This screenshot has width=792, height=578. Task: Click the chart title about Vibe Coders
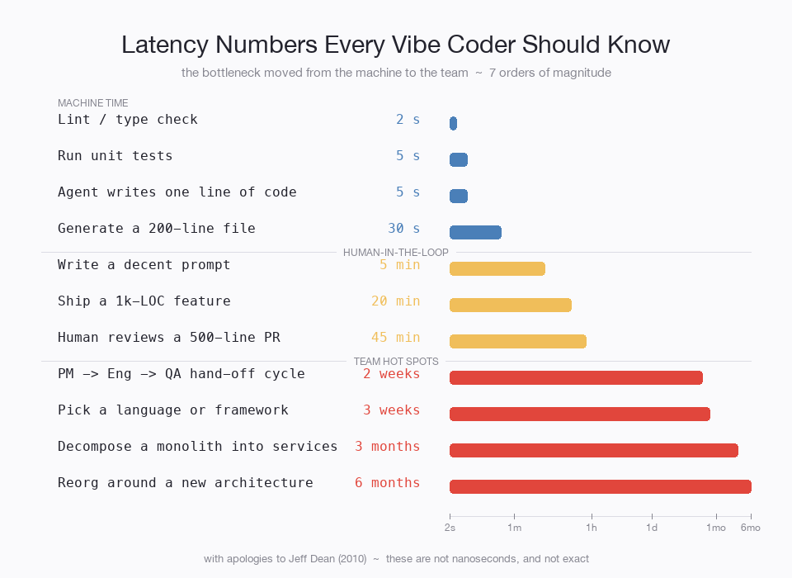click(395, 45)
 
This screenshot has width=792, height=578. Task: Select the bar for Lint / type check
click(453, 123)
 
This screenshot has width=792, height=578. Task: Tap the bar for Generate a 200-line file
click(475, 232)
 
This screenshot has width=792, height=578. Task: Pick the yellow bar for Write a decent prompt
click(497, 268)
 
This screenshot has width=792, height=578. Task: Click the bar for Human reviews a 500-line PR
click(517, 341)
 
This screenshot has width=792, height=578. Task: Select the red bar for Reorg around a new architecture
click(600, 486)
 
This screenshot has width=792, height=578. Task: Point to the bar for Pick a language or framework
click(579, 414)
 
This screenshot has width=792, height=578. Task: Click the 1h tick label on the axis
click(592, 528)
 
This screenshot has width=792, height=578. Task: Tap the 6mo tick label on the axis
click(750, 528)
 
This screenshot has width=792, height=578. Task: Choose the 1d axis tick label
click(652, 528)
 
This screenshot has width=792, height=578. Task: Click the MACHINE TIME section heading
click(92, 103)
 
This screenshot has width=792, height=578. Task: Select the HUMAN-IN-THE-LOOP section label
click(396, 252)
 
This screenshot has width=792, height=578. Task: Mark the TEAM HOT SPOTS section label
click(396, 361)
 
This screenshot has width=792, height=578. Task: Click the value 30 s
click(403, 229)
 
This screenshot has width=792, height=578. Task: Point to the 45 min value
click(395, 338)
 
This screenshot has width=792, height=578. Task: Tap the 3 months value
click(387, 447)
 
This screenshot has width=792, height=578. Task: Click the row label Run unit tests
click(115, 156)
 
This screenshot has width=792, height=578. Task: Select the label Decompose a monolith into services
click(197, 447)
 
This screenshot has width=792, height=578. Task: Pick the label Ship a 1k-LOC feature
click(144, 301)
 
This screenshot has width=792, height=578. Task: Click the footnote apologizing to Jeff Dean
click(396, 559)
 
